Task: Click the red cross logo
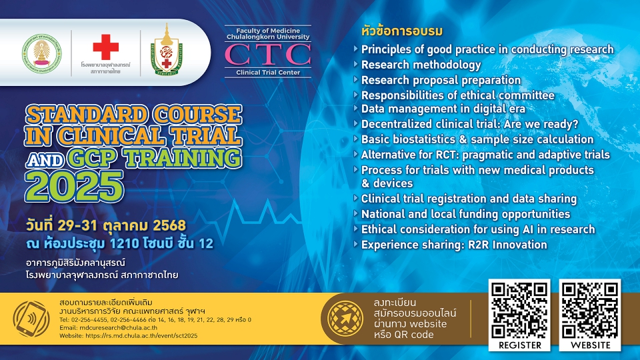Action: [x=106, y=47]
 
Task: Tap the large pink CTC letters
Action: [x=268, y=55]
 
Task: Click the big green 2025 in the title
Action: [x=74, y=186]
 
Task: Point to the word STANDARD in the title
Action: [x=87, y=115]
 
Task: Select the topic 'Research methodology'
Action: [x=421, y=65]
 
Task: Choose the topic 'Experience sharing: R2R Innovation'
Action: [x=454, y=245]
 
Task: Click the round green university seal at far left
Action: [x=42, y=53]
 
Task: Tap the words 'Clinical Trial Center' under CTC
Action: [x=268, y=72]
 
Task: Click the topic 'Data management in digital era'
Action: [x=443, y=109]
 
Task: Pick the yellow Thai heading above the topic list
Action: [x=401, y=31]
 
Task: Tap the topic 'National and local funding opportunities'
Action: [x=465, y=214]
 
